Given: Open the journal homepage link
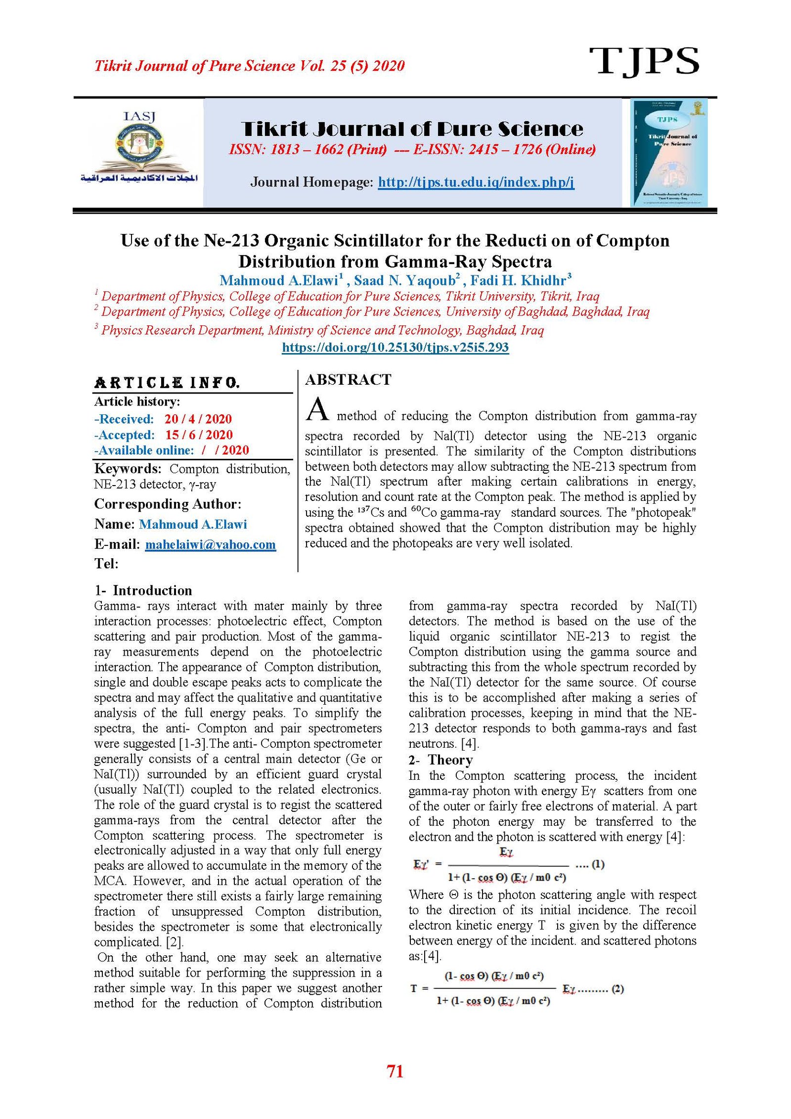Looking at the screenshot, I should click(x=476, y=182).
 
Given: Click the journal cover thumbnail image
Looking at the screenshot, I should click(x=668, y=152).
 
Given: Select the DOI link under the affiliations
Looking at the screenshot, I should click(x=395, y=347).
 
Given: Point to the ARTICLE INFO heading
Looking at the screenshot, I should click(x=167, y=383).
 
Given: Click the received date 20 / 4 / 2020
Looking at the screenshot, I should click(x=198, y=419).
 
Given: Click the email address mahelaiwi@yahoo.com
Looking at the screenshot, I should click(x=210, y=544).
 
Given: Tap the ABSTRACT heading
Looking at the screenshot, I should click(x=348, y=380).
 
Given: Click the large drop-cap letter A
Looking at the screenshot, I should click(x=317, y=409).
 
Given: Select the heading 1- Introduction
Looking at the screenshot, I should click(x=143, y=590).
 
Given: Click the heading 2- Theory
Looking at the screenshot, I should click(x=440, y=760).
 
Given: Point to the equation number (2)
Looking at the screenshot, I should click(x=617, y=988).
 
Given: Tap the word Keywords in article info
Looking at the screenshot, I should click(x=128, y=468).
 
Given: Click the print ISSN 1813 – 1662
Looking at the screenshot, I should click(x=307, y=149).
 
